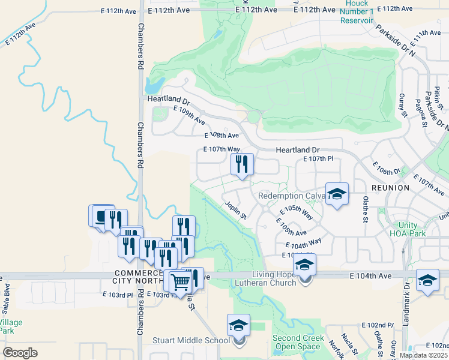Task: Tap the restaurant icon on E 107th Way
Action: [242, 164]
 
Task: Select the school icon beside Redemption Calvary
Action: [337, 194]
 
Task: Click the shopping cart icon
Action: [179, 281]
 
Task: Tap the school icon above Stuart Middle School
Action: [238, 326]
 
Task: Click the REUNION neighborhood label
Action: [390, 188]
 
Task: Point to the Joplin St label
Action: [236, 211]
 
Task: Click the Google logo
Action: [20, 353]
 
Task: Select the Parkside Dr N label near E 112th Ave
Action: [396, 41]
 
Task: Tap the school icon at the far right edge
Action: [427, 281]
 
